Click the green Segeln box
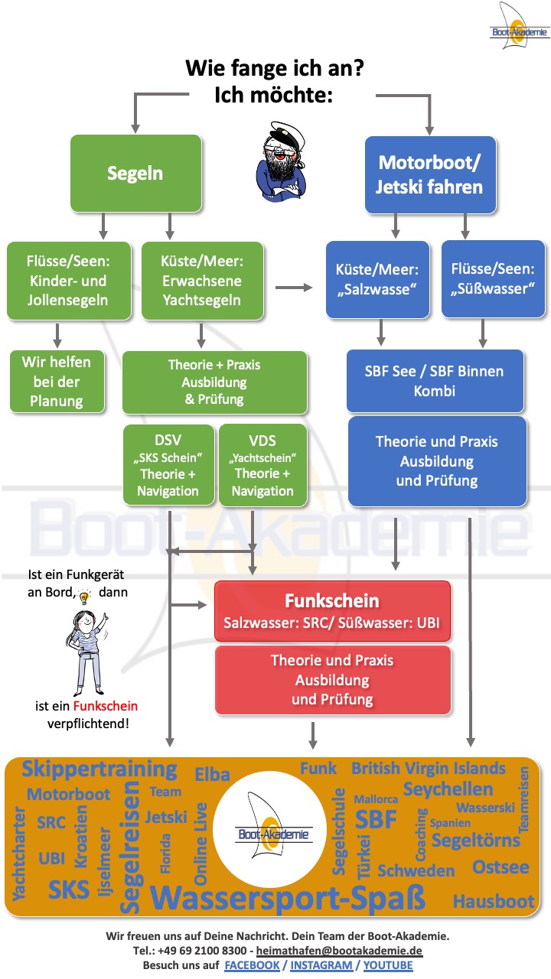pyautogui.click(x=135, y=173)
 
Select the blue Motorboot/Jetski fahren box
pyautogui.click(x=430, y=174)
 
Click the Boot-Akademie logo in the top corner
pyautogui.click(x=520, y=28)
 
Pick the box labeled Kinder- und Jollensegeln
pyautogui.click(x=68, y=281)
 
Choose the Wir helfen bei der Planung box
pyautogui.click(x=57, y=381)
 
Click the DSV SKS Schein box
pyautogui.click(x=168, y=464)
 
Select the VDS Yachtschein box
pyautogui.click(x=262, y=464)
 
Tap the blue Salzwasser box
pyautogui.click(x=377, y=279)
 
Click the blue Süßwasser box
pyautogui.click(x=493, y=279)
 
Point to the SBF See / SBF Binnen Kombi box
pyautogui.click(x=435, y=381)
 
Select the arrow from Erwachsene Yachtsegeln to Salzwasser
pyautogui.click(x=295, y=288)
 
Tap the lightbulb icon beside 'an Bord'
pyautogui.click(x=85, y=594)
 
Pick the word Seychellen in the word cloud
pyautogui.click(x=448, y=789)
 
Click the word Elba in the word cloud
pyautogui.click(x=212, y=774)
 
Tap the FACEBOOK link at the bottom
pyautogui.click(x=252, y=965)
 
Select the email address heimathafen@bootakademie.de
pyautogui.click(x=339, y=951)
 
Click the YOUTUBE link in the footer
pyautogui.click(x=388, y=965)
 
